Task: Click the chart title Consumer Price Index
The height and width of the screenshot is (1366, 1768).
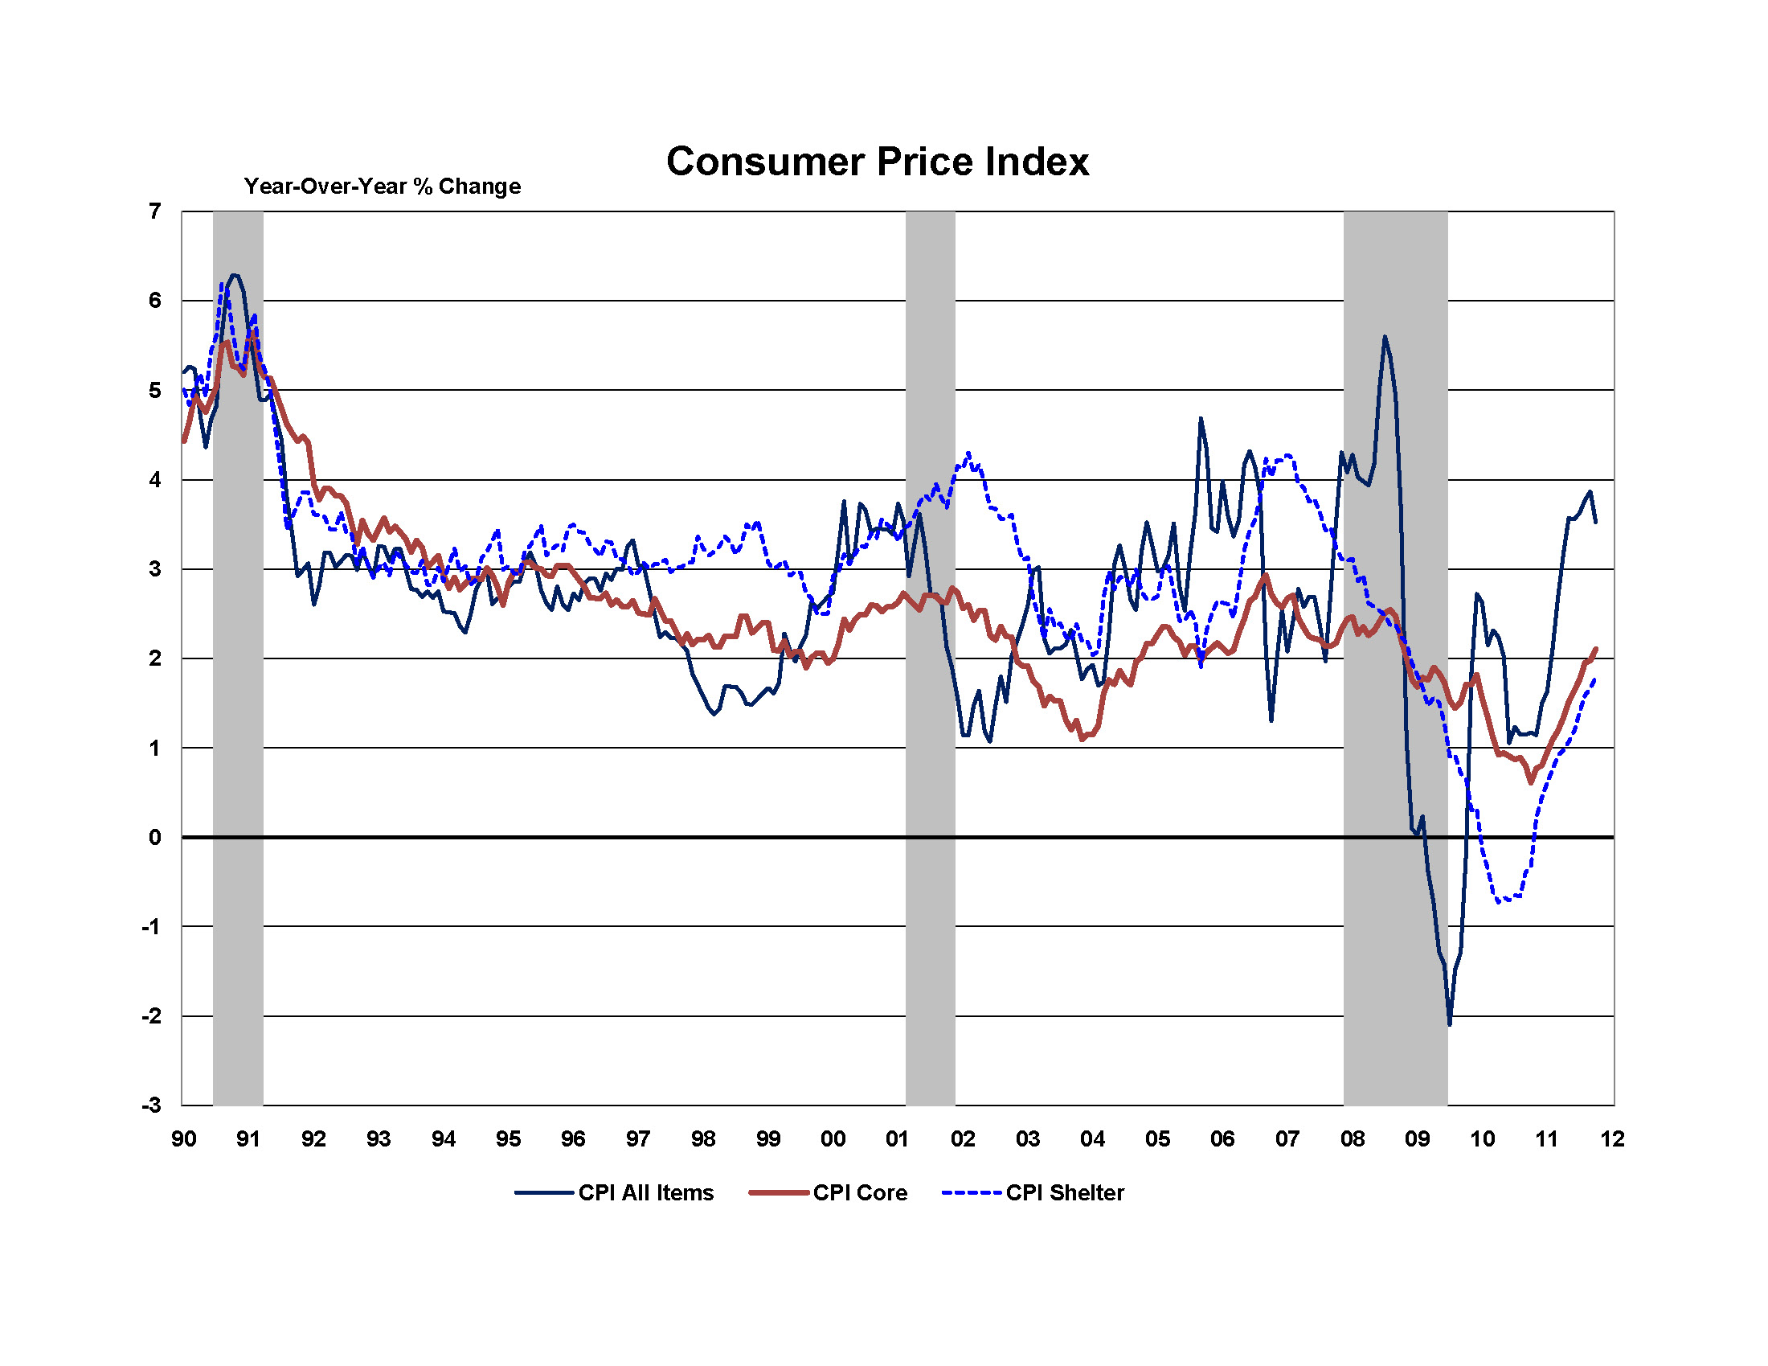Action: (x=877, y=161)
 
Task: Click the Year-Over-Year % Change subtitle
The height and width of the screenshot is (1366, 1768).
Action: (x=382, y=187)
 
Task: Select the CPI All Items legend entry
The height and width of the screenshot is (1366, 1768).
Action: (x=615, y=1192)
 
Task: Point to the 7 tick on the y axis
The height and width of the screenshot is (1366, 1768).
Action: (x=154, y=211)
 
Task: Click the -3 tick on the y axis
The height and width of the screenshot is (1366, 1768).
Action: (x=151, y=1106)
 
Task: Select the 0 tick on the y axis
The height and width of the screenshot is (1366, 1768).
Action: (x=154, y=837)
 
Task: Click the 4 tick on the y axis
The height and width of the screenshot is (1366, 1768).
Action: (x=154, y=480)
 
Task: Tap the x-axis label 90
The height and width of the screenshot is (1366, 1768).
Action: (x=184, y=1139)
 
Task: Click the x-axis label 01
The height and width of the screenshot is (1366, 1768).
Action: (x=897, y=1139)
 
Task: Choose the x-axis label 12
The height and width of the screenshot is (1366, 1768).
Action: (x=1612, y=1139)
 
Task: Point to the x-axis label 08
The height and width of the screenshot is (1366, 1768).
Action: (x=1352, y=1139)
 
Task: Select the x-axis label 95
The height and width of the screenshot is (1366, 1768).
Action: (x=509, y=1139)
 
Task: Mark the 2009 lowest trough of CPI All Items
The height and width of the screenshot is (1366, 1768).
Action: (x=1449, y=1024)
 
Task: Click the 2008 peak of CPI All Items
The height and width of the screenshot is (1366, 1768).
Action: (x=1385, y=337)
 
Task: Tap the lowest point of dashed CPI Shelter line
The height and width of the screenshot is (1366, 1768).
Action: (x=1499, y=901)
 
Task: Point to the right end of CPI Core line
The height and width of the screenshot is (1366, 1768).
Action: (x=1595, y=649)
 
